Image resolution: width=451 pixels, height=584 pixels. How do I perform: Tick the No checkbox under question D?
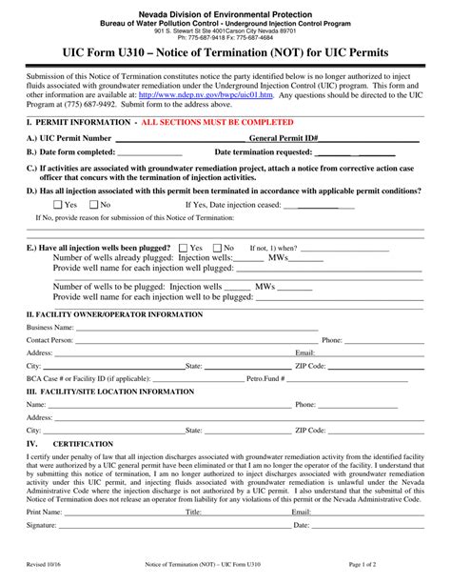(x=93, y=205)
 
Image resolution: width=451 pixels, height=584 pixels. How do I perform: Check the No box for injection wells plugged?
(x=217, y=248)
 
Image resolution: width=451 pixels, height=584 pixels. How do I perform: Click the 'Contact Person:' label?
(x=49, y=340)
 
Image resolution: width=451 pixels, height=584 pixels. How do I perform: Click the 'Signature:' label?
(x=42, y=525)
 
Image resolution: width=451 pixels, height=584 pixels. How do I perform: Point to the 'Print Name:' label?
(x=45, y=512)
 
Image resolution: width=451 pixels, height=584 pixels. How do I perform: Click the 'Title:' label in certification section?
(x=193, y=512)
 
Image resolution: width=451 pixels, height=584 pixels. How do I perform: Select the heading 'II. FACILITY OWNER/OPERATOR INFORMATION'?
(x=114, y=313)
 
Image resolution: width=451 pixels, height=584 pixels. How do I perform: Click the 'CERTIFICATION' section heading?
(x=85, y=444)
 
